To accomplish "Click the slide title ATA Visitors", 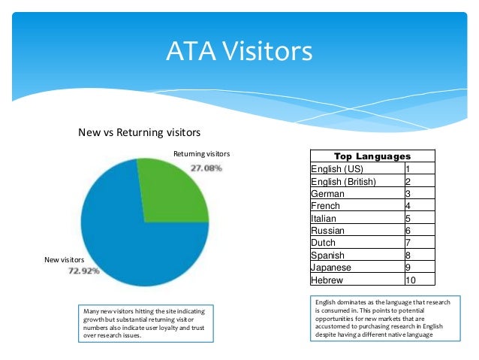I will click(239, 52).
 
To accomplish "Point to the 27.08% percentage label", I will click(206, 168).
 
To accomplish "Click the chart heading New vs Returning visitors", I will click(140, 133).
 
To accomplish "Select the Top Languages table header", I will click(372, 156).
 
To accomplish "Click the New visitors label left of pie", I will click(65, 260).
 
